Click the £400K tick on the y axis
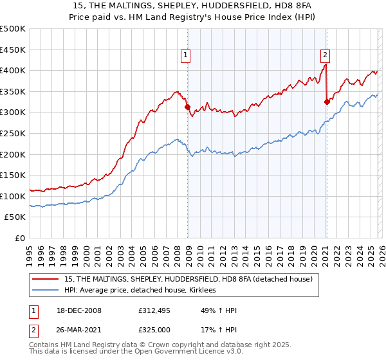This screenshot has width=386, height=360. (x=13, y=70)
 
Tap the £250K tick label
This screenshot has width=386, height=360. (x=13, y=133)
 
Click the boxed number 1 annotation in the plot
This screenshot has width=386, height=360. (x=185, y=56)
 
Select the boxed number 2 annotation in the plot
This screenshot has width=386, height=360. (x=326, y=56)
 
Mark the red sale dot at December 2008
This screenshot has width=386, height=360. (x=188, y=107)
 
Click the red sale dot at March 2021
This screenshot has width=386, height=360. (x=327, y=102)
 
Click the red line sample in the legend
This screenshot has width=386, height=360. (x=46, y=279)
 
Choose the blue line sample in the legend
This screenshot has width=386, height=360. (x=46, y=291)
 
